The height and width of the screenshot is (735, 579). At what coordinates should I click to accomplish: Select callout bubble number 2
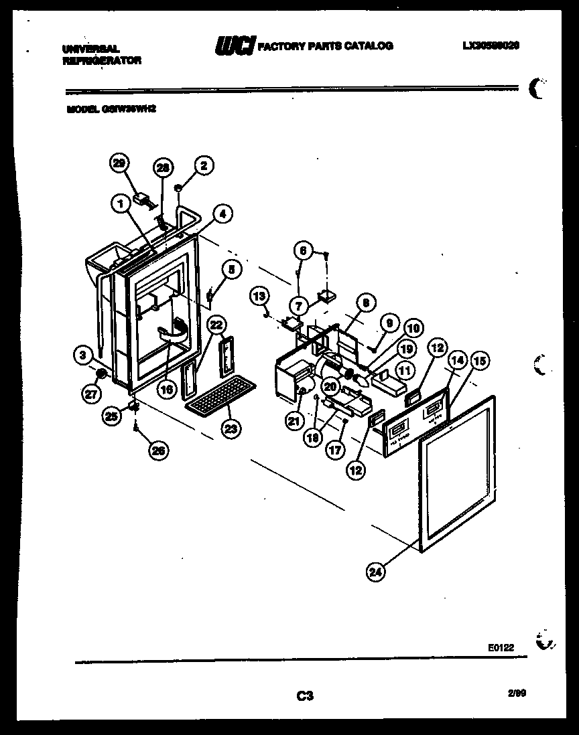tap(204, 164)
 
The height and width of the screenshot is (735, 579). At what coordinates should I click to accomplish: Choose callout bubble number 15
tap(480, 361)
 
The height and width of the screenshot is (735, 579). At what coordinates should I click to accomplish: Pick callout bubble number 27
tap(91, 395)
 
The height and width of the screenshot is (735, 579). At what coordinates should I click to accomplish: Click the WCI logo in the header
tap(235, 46)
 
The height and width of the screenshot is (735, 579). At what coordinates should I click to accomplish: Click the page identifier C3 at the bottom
tap(305, 696)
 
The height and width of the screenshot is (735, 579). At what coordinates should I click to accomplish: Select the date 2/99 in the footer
tap(517, 694)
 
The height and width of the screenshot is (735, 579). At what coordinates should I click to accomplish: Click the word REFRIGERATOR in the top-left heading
tap(102, 60)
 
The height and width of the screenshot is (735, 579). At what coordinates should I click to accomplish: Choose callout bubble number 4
tap(223, 214)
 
